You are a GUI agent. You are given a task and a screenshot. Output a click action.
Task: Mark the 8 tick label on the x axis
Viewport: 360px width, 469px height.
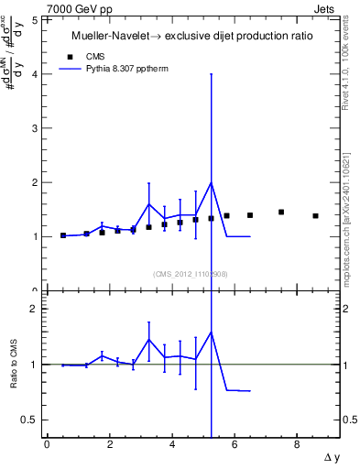(x=297, y=445)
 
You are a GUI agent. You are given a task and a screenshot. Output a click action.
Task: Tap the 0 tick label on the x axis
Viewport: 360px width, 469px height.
(x=47, y=445)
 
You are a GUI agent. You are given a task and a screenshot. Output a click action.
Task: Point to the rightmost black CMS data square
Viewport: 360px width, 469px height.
(x=315, y=216)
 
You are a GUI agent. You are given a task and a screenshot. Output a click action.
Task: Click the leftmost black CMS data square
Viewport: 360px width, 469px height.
(x=63, y=235)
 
